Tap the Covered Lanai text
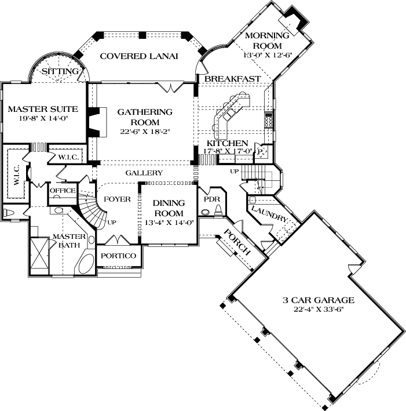[x=138, y=56]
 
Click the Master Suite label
[x=43, y=108]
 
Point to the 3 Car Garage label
[x=318, y=300]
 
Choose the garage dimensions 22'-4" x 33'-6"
[x=318, y=310]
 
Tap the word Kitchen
[x=228, y=143]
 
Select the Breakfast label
[x=232, y=78]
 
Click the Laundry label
[x=267, y=216]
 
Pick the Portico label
[x=118, y=256]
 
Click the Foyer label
[x=117, y=199]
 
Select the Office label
[x=62, y=190]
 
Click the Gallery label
[x=144, y=173]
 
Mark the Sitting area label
[x=60, y=71]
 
